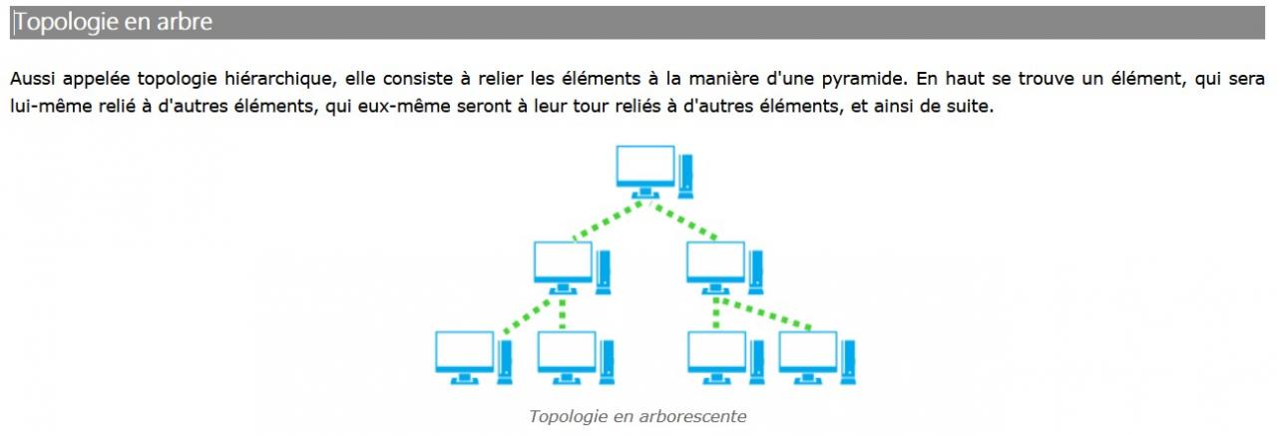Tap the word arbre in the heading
pos(185,22)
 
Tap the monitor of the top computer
pos(644,165)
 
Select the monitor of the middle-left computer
pos(563,260)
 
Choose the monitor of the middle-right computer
pos(715,260)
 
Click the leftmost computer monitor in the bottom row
pos(465,351)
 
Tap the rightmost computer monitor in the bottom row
pos(807,351)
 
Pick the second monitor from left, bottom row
pos(566,351)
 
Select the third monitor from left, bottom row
pos(716,351)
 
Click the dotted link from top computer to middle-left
pos(609,220)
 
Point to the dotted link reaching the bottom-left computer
pos(526,314)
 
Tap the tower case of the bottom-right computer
pos(848,361)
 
